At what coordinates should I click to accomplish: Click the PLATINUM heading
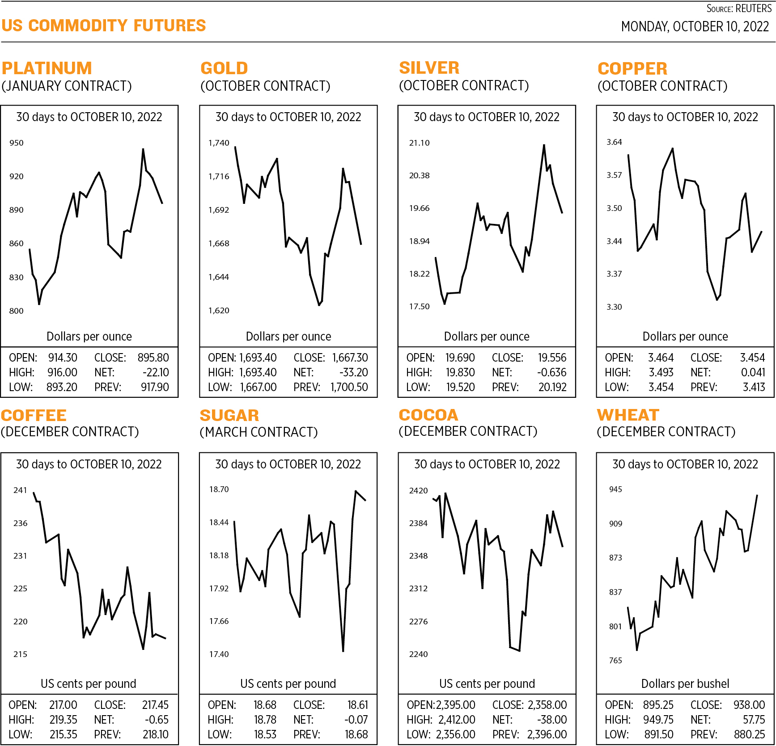(x=47, y=68)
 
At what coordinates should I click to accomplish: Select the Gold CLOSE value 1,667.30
(x=350, y=358)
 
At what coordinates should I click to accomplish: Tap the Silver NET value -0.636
(x=551, y=372)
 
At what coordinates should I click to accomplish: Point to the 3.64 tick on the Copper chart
(x=614, y=142)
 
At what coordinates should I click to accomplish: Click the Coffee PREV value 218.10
(x=155, y=734)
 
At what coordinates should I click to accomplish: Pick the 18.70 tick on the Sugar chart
(x=219, y=489)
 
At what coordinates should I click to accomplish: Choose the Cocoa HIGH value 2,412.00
(x=457, y=720)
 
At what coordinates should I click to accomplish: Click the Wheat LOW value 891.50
(x=658, y=734)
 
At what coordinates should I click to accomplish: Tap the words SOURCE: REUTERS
(x=739, y=8)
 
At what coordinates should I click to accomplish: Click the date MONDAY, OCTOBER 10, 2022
(x=695, y=27)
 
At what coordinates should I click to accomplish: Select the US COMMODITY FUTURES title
(x=103, y=25)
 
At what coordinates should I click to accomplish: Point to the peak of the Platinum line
(x=143, y=149)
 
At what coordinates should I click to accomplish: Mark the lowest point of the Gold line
(x=319, y=305)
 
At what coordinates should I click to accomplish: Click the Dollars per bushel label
(x=685, y=683)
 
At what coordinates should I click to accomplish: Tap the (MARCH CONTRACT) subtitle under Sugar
(x=259, y=432)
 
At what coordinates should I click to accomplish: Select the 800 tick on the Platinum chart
(x=16, y=311)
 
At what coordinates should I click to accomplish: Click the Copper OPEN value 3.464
(x=661, y=358)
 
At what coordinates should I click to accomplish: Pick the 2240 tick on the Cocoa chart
(x=418, y=654)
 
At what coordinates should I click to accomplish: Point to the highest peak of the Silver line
(x=544, y=145)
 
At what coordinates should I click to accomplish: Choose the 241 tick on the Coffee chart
(x=20, y=490)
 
